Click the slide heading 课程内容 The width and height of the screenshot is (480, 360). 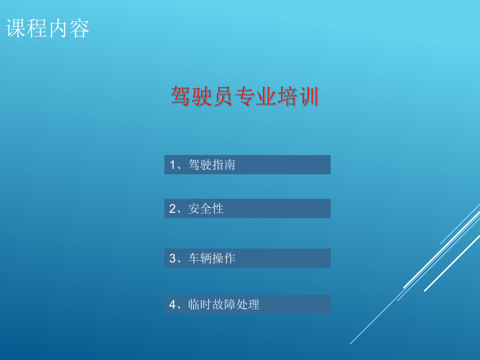click(x=48, y=29)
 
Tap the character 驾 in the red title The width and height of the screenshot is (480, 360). click(x=181, y=97)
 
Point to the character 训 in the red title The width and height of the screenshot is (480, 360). click(x=308, y=97)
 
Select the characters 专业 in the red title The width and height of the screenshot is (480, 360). click(x=255, y=97)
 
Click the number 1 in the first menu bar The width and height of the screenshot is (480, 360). click(x=173, y=165)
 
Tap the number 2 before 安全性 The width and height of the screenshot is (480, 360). click(x=173, y=209)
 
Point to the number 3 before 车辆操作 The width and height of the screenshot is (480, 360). click(x=173, y=259)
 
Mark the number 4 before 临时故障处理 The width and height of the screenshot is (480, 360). click(x=173, y=305)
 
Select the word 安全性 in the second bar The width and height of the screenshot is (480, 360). click(x=206, y=209)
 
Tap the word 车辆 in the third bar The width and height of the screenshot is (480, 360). click(x=200, y=259)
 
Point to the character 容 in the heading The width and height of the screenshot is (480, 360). click(x=79, y=29)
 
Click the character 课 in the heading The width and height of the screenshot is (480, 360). click(x=16, y=29)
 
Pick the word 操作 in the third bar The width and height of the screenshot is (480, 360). click(x=223, y=259)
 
